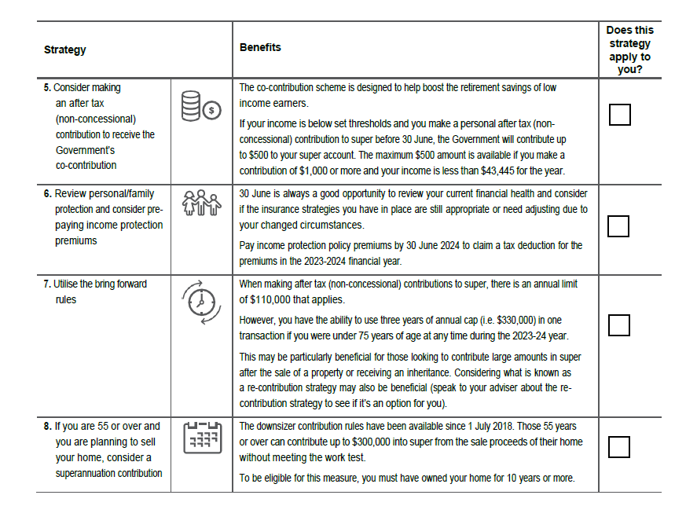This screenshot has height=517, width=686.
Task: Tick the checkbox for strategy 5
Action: tap(619, 115)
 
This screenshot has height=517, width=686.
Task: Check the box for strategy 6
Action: tap(619, 226)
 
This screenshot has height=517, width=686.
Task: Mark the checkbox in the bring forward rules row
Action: tap(619, 325)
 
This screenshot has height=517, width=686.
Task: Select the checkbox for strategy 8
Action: tap(619, 447)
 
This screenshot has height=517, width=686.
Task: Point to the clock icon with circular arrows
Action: tap(201, 302)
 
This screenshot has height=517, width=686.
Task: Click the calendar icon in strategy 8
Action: tap(201, 438)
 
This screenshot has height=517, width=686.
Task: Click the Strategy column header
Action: tap(65, 49)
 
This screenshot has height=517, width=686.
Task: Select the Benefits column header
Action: tap(260, 47)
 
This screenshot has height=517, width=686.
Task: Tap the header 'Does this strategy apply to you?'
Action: tap(629, 49)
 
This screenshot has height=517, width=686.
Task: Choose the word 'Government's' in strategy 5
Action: tap(85, 150)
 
